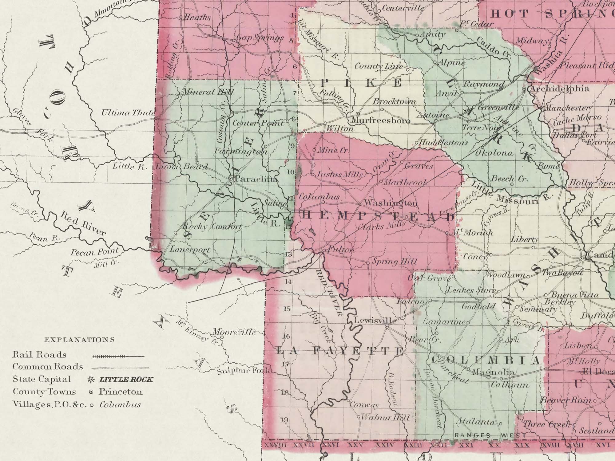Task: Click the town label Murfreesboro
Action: click(x=380, y=120)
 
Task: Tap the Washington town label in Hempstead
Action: click(x=391, y=203)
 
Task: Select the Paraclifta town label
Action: click(x=256, y=179)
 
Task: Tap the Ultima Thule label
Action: click(x=128, y=113)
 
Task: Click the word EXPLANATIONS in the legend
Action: click(x=79, y=340)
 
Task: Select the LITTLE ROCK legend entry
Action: click(x=125, y=380)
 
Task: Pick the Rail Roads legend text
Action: click(x=39, y=354)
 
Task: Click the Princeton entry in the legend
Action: click(x=121, y=392)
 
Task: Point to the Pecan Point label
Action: click(x=95, y=252)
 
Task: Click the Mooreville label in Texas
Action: click(x=234, y=332)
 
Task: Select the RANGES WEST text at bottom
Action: click(x=486, y=435)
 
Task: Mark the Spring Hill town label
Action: click(x=395, y=262)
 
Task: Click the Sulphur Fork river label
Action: click(x=243, y=370)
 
